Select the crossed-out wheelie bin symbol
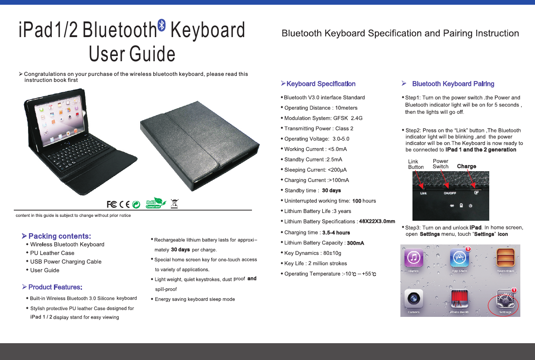[x=175, y=203]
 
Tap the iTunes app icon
[x=414, y=258]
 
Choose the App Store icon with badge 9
[x=459, y=258]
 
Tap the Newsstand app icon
[x=505, y=258]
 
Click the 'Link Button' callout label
[x=415, y=164]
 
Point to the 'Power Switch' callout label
[x=441, y=164]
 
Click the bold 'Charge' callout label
[x=466, y=166]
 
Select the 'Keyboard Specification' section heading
[x=321, y=84]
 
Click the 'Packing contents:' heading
[x=60, y=236]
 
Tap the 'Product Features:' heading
[x=55, y=287]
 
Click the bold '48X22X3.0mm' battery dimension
[x=377, y=222]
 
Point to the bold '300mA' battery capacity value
[x=356, y=243]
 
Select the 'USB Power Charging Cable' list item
[x=66, y=262]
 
